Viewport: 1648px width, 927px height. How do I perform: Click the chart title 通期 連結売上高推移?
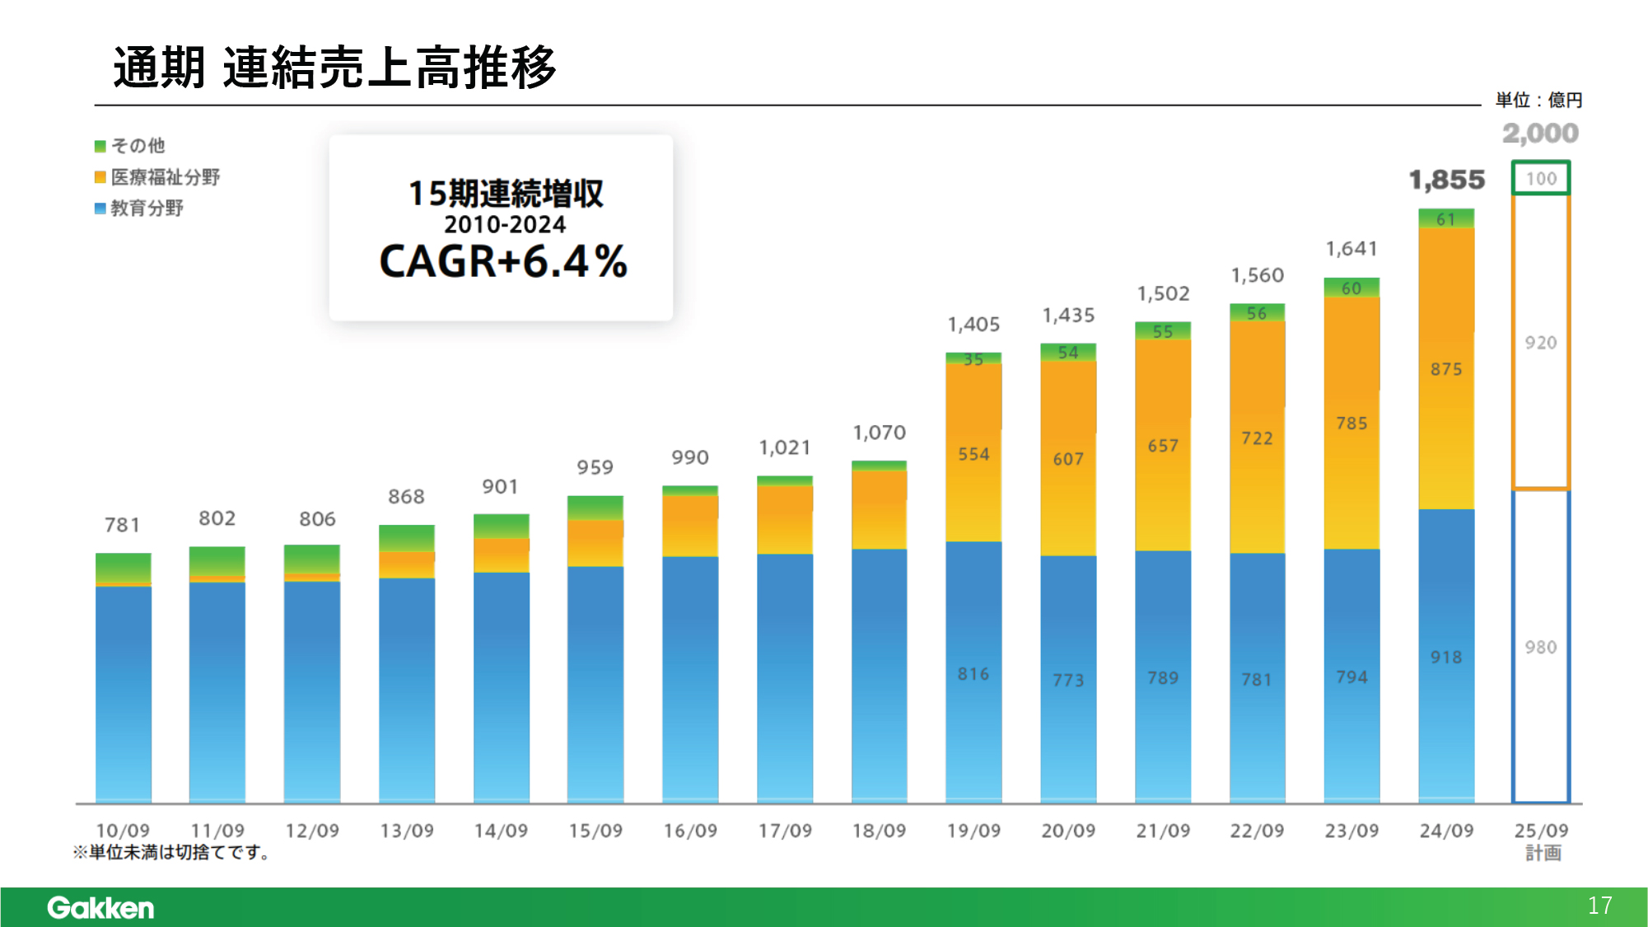[334, 68]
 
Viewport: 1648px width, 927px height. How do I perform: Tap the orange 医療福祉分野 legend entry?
[157, 177]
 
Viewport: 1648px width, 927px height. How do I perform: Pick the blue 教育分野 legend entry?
[139, 208]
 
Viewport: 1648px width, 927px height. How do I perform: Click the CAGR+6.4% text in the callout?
[502, 262]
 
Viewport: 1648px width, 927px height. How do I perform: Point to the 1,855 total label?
[1446, 180]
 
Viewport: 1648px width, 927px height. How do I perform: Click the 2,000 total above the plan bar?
[1540, 133]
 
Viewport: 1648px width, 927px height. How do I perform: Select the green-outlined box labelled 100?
[1541, 178]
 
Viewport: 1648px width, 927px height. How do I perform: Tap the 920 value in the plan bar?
[1540, 343]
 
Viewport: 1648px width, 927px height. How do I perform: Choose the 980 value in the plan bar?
[1540, 648]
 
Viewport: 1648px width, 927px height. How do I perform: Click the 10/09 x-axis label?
[123, 831]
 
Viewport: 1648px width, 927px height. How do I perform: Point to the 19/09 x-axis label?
[973, 831]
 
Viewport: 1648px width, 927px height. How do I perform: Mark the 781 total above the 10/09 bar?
[122, 525]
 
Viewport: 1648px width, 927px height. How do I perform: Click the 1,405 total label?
[973, 325]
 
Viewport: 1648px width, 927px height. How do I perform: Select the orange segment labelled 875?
[1446, 369]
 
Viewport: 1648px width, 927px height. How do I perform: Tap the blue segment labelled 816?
[973, 674]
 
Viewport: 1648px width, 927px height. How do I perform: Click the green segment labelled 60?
[1352, 288]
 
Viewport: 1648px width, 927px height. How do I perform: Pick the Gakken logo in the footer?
[100, 907]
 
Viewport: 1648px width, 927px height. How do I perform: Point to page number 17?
[1599, 906]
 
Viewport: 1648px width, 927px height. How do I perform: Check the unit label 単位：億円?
[1538, 101]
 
